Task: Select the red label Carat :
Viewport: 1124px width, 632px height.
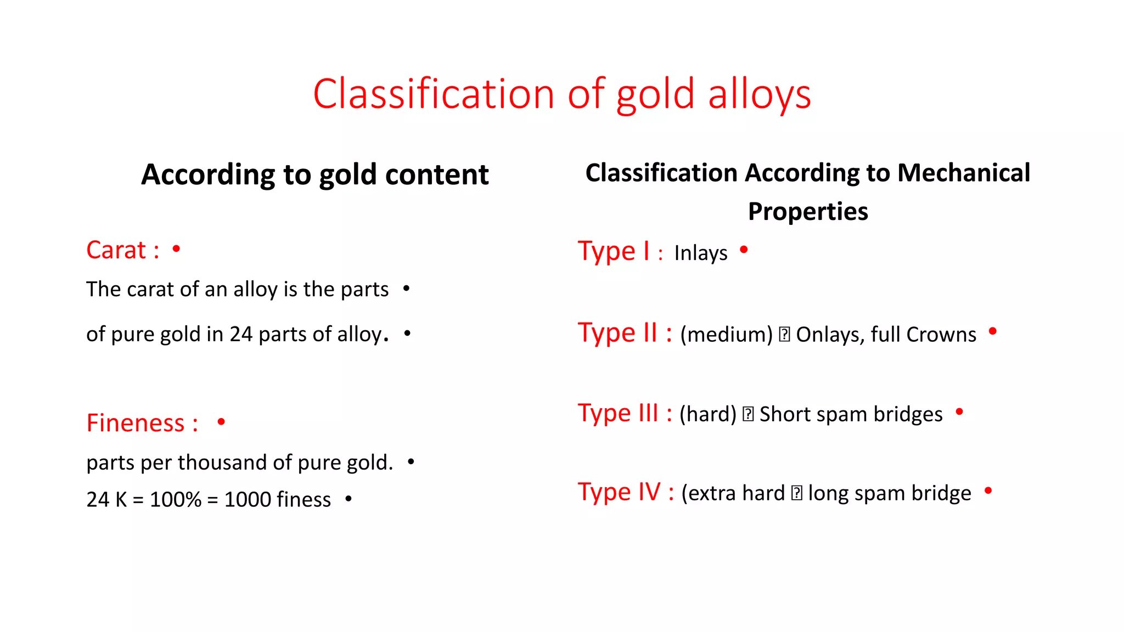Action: click(x=123, y=250)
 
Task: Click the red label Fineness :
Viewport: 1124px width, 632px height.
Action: click(x=142, y=423)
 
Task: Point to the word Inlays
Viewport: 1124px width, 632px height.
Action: click(x=701, y=253)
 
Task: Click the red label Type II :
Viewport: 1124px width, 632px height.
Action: click(x=625, y=332)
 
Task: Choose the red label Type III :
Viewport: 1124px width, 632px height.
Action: click(x=625, y=413)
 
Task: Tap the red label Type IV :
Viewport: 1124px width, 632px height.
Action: click(x=626, y=492)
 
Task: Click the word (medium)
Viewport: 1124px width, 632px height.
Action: click(x=726, y=334)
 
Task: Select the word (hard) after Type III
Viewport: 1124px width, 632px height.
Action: click(x=707, y=414)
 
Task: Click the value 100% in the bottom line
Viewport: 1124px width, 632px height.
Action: click(x=176, y=499)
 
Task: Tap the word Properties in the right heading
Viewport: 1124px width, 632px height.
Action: click(x=808, y=211)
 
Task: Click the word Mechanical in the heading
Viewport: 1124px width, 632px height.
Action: click(x=964, y=173)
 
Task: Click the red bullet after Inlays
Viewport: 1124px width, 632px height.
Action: click(x=744, y=250)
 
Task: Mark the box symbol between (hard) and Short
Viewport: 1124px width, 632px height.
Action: click(x=748, y=414)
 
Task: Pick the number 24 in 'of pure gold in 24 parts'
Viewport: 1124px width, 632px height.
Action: click(x=241, y=334)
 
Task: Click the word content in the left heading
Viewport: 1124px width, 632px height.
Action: click(x=437, y=174)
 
